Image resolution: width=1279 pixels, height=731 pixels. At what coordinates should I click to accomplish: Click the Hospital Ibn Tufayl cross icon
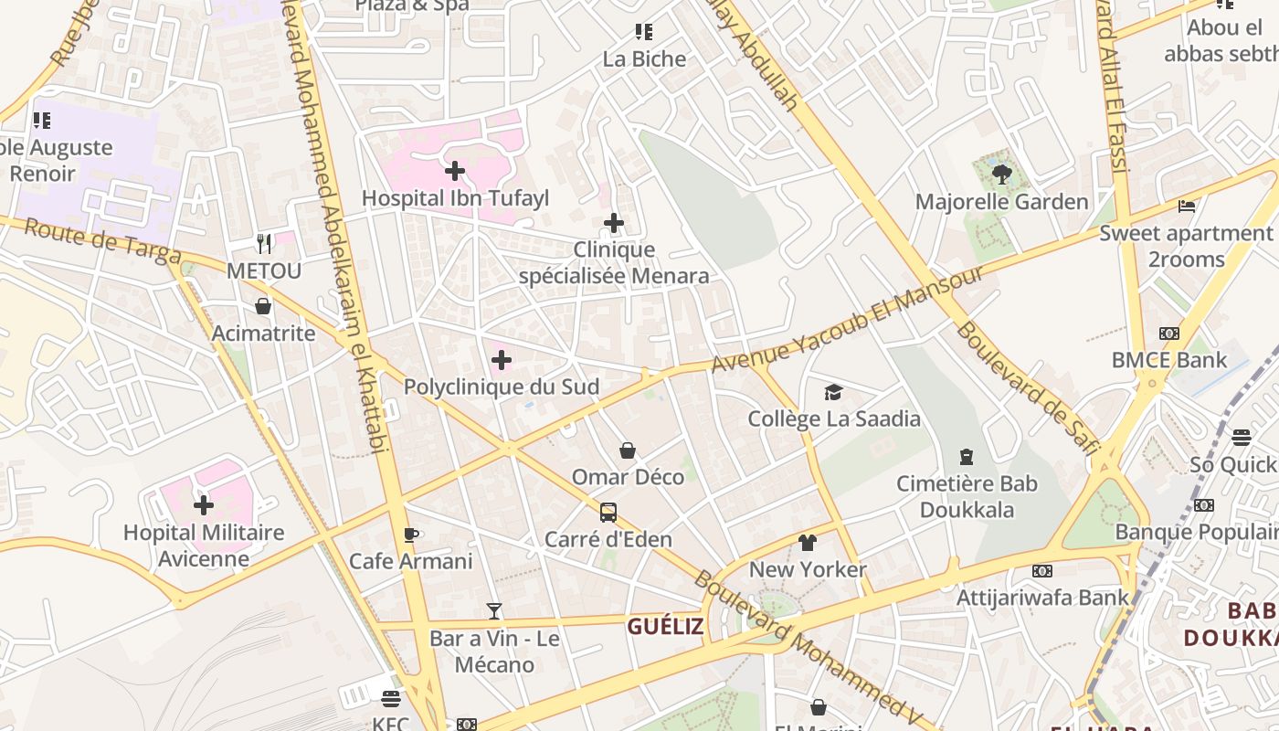click(x=455, y=171)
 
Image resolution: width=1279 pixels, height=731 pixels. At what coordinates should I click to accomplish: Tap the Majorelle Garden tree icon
click(x=1001, y=174)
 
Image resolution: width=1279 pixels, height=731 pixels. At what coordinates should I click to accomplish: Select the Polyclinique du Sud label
click(x=502, y=387)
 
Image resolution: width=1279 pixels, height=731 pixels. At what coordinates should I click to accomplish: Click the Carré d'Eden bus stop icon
click(x=608, y=512)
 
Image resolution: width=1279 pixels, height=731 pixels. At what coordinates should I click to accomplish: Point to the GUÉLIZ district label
click(x=665, y=626)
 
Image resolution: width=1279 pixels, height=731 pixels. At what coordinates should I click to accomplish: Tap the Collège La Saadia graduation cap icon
click(x=833, y=392)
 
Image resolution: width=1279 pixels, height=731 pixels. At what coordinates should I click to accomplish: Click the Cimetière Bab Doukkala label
click(x=967, y=496)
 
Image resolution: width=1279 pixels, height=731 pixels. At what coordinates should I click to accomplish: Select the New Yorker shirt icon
click(x=807, y=543)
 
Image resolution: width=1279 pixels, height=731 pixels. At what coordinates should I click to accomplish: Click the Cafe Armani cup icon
click(x=411, y=535)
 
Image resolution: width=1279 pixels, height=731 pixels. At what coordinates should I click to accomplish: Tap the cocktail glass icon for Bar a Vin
click(x=494, y=611)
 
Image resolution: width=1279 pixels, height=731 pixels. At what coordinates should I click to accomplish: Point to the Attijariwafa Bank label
click(x=1042, y=598)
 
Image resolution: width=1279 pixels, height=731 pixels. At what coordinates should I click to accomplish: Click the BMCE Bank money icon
click(x=1169, y=334)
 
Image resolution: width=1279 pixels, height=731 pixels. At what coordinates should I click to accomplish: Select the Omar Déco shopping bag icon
click(x=628, y=450)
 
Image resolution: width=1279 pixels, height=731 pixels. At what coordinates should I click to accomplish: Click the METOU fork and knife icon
click(x=264, y=243)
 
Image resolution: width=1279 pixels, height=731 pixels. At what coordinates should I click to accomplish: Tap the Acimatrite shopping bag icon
click(x=263, y=306)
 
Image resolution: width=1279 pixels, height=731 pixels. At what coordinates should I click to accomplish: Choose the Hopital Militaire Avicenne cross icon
click(x=204, y=504)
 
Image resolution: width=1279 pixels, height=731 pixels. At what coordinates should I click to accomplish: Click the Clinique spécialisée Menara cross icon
click(x=614, y=223)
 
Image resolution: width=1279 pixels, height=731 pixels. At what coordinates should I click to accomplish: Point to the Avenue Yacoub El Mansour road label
click(x=848, y=319)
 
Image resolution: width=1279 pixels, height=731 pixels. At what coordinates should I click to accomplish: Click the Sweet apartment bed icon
click(x=1187, y=207)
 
